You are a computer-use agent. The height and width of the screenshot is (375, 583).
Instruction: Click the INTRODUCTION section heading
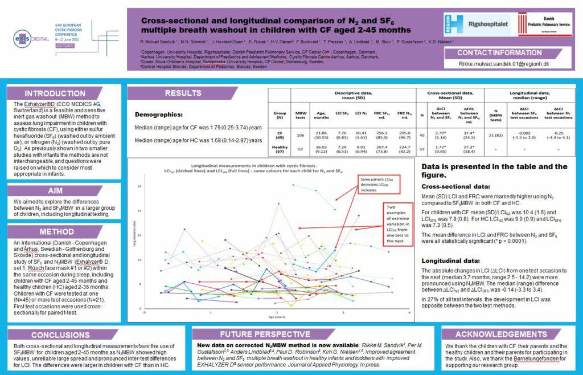pyautogui.click(x=55, y=93)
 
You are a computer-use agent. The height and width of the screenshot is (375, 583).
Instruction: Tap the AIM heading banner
pyautogui.click(x=55, y=191)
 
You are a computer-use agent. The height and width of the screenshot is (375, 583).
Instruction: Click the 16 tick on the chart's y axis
pyautogui.click(x=139, y=186)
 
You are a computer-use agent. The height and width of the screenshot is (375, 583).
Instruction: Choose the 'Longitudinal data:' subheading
pyautogui.click(x=451, y=260)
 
